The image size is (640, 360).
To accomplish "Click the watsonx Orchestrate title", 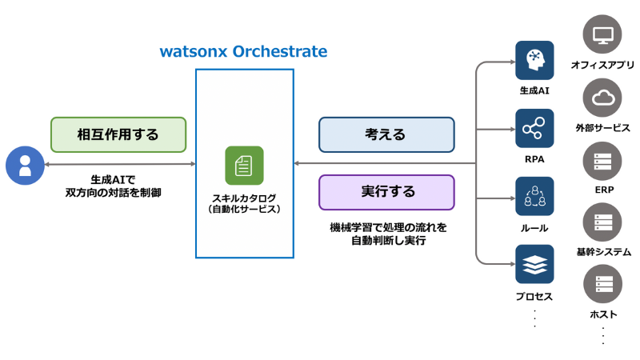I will (x=243, y=52).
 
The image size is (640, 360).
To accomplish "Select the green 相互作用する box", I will (x=118, y=134).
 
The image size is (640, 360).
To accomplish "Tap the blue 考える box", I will (x=386, y=134).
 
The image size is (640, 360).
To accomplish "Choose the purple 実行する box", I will (x=386, y=192).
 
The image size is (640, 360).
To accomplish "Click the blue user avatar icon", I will (x=25, y=166).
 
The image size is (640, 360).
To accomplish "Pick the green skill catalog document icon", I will (x=244, y=166).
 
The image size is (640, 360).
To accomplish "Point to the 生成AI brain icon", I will (x=534, y=60).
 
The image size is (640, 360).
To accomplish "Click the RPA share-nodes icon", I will (x=534, y=128).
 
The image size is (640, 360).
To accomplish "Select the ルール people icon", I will (x=534, y=197).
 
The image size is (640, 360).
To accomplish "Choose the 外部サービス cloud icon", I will (x=602, y=99).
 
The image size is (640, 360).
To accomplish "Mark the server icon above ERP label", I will (x=602, y=162).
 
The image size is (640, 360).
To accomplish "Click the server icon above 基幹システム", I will (x=602, y=223).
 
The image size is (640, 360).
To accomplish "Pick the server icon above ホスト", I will (x=602, y=285).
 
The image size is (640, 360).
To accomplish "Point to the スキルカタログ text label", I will (x=244, y=198).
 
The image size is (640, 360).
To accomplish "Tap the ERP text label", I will (x=603, y=190).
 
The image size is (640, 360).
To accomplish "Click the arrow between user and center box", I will (x=120, y=164).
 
